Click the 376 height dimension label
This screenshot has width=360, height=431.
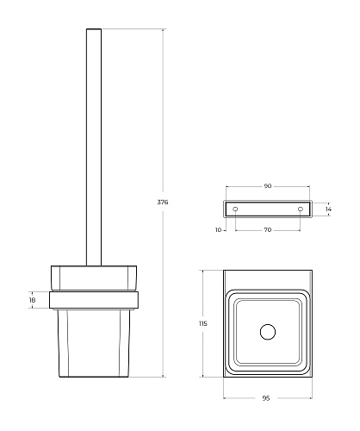[x=163, y=202]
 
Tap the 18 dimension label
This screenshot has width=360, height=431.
[x=32, y=300]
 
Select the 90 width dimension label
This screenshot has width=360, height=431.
[x=268, y=186]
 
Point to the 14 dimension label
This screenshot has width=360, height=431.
[x=328, y=209]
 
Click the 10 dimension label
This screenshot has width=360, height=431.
[x=218, y=230]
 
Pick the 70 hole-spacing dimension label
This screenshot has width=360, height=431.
[x=268, y=230]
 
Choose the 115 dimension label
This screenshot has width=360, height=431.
[x=202, y=323]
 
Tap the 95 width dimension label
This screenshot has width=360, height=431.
[x=266, y=398]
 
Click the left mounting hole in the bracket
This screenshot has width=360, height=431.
[x=235, y=209]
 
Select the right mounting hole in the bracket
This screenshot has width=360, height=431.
[x=301, y=209]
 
